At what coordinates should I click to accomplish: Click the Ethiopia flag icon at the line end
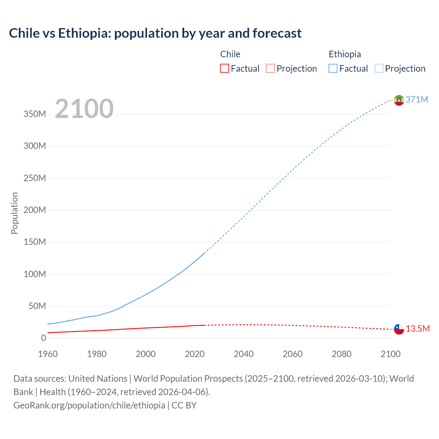point(399,100)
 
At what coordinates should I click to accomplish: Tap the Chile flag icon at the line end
point(399,329)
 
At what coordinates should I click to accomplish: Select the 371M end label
point(417,99)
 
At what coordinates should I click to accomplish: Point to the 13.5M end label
point(418,329)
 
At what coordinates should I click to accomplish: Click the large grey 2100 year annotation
point(84,108)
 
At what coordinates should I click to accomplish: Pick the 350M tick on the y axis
point(35,114)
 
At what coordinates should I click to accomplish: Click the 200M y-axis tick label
point(35,210)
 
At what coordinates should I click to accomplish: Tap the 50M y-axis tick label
point(37,306)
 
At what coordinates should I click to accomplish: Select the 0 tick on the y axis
point(43,338)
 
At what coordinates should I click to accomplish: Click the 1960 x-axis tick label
point(48,354)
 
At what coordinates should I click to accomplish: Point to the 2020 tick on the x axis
point(194,354)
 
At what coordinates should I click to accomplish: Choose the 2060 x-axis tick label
point(293,354)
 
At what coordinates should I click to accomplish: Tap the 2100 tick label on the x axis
point(390,354)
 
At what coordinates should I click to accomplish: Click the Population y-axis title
point(14,213)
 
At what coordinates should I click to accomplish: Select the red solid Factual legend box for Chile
point(224,69)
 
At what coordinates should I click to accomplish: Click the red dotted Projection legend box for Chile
point(270,69)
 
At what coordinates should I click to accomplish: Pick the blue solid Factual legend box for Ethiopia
point(333,69)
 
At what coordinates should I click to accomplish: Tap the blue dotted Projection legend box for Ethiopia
point(379,69)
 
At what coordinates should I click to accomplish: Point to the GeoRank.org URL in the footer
point(89,405)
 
